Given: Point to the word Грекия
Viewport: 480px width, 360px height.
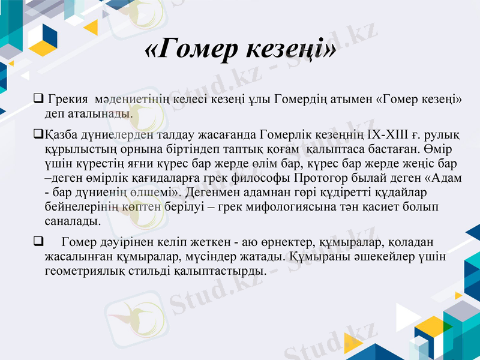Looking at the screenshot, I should tap(67, 98).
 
